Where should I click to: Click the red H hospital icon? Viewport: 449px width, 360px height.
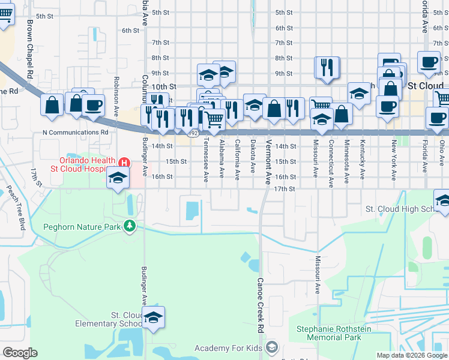pos(124,163)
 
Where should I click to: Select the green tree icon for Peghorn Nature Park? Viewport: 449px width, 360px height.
pos(129,226)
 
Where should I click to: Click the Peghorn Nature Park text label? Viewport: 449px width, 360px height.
pos(82,227)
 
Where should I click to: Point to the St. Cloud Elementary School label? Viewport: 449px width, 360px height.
pos(109,319)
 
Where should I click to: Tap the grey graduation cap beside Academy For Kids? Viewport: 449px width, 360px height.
pos(272,348)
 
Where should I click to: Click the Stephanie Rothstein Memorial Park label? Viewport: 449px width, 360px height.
pos(334,334)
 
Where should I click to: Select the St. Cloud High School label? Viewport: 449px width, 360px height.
pos(400,209)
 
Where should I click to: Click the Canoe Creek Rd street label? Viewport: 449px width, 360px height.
pos(261,305)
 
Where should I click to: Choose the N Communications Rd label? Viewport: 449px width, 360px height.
pos(75,132)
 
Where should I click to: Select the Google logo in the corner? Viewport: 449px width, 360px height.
pos(20,353)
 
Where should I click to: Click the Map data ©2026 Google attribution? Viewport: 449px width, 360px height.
pos(412,355)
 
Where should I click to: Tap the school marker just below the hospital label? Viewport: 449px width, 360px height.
pos(118,178)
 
